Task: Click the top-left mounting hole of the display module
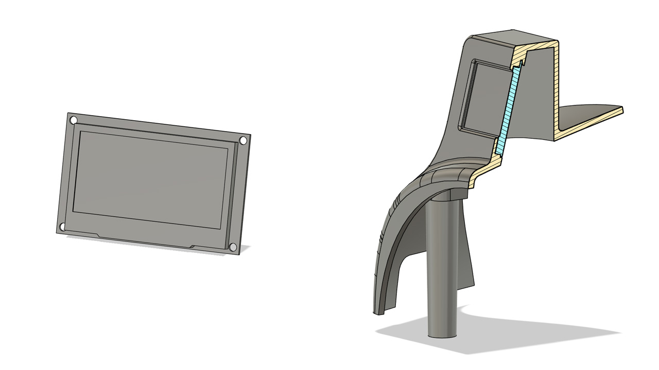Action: tap(74, 120)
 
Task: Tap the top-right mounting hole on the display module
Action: tap(243, 140)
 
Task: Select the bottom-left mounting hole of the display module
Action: tap(62, 227)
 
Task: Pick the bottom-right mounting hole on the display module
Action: tap(233, 248)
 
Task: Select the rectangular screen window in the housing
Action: tap(484, 98)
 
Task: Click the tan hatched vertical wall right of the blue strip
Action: tap(556, 87)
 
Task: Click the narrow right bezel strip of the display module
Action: tap(237, 195)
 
